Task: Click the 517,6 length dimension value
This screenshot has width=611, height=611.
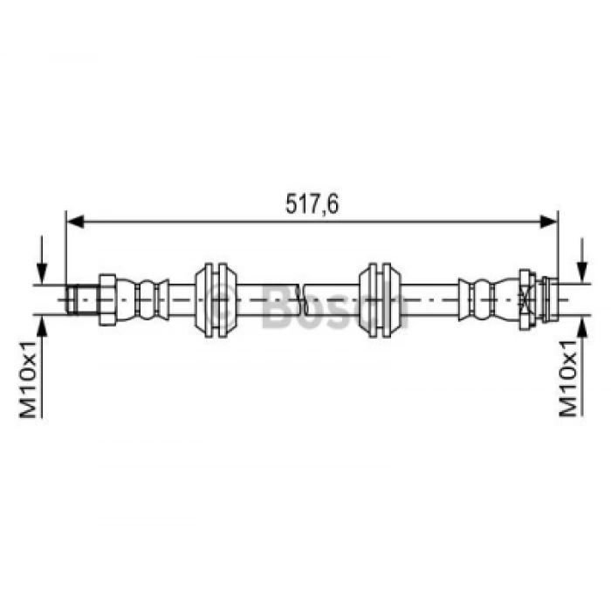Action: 312,203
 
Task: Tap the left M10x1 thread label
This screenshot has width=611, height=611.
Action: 28,378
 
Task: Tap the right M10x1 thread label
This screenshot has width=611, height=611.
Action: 567,378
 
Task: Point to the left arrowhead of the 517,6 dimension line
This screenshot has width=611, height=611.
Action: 76,222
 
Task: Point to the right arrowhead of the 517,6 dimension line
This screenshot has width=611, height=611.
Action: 548,222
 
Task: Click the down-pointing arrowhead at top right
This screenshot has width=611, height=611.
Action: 582,272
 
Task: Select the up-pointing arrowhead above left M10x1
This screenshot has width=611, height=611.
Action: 42,326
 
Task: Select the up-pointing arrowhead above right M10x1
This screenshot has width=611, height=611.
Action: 582,326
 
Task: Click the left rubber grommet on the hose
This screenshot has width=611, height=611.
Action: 216,299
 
